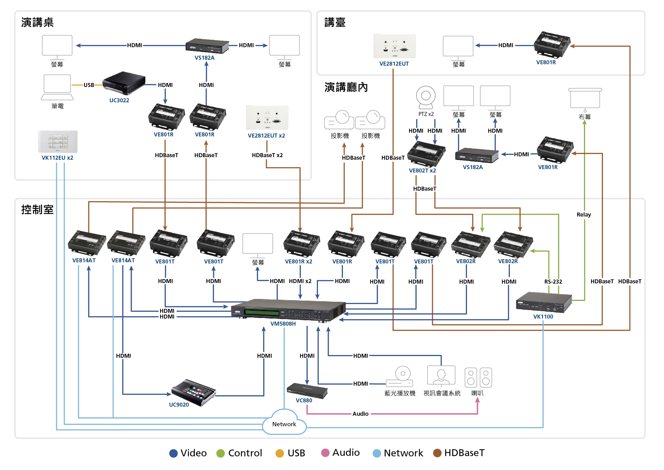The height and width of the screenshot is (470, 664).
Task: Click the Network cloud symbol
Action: coord(284,423)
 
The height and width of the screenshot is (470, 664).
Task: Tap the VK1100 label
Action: coord(543,317)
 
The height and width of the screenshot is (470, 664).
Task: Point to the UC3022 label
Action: coord(119,100)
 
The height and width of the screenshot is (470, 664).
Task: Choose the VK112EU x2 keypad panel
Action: coord(58,142)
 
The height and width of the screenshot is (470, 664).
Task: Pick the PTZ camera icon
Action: coord(426,97)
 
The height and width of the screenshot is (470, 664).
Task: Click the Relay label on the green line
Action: coord(584,215)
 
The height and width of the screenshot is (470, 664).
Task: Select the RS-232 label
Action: coord(553,282)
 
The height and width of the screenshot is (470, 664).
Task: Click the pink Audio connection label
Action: coord(360,414)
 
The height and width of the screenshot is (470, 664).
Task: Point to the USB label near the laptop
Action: coord(89,85)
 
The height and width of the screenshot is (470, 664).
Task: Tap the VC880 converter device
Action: coord(307,390)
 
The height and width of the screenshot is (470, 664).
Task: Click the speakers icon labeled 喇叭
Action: coord(478,377)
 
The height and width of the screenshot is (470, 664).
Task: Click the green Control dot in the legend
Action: coord(221,453)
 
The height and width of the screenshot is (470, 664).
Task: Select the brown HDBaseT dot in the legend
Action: coord(437,453)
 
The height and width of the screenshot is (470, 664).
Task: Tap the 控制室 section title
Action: coord(37,209)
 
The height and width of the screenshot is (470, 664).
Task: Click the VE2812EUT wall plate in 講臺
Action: coord(395,46)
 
